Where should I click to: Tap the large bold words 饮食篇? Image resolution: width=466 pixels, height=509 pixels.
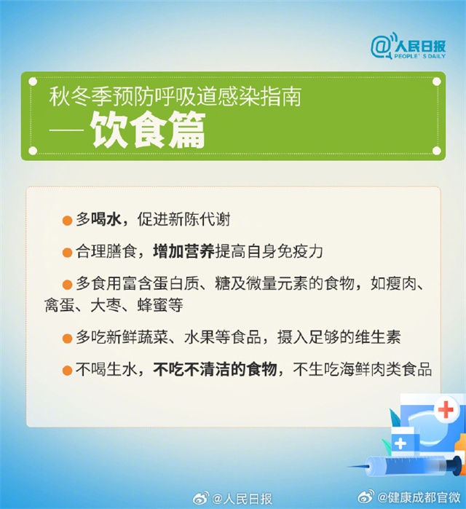pyautogui.click(x=148, y=130)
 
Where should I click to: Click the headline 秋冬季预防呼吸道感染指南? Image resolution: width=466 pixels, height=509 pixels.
pyautogui.click(x=175, y=96)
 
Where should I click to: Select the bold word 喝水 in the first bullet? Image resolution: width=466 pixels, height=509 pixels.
pyautogui.click(x=106, y=219)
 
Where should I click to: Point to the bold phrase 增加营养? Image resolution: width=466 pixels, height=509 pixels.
pyautogui.click(x=183, y=251)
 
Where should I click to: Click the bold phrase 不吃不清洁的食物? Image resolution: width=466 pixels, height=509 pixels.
pyautogui.click(x=215, y=369)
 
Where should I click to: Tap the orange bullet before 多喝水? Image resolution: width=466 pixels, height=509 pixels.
pyautogui.click(x=67, y=221)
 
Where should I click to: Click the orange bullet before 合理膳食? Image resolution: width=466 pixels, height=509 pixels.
pyautogui.click(x=67, y=252)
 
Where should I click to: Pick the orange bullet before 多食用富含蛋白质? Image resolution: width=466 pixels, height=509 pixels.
pyautogui.click(x=67, y=285)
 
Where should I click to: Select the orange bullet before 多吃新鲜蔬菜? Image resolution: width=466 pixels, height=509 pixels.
pyautogui.click(x=67, y=339)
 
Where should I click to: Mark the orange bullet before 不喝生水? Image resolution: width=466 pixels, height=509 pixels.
pyautogui.click(x=67, y=371)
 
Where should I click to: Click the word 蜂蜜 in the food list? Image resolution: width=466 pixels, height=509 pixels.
pyautogui.click(x=152, y=305)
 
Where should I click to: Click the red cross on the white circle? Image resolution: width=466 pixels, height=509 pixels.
pyautogui.click(x=446, y=409)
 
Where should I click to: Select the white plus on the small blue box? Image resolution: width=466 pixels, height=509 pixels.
pyautogui.click(x=400, y=443)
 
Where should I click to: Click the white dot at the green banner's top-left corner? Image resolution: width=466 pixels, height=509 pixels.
pyautogui.click(x=33, y=82)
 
